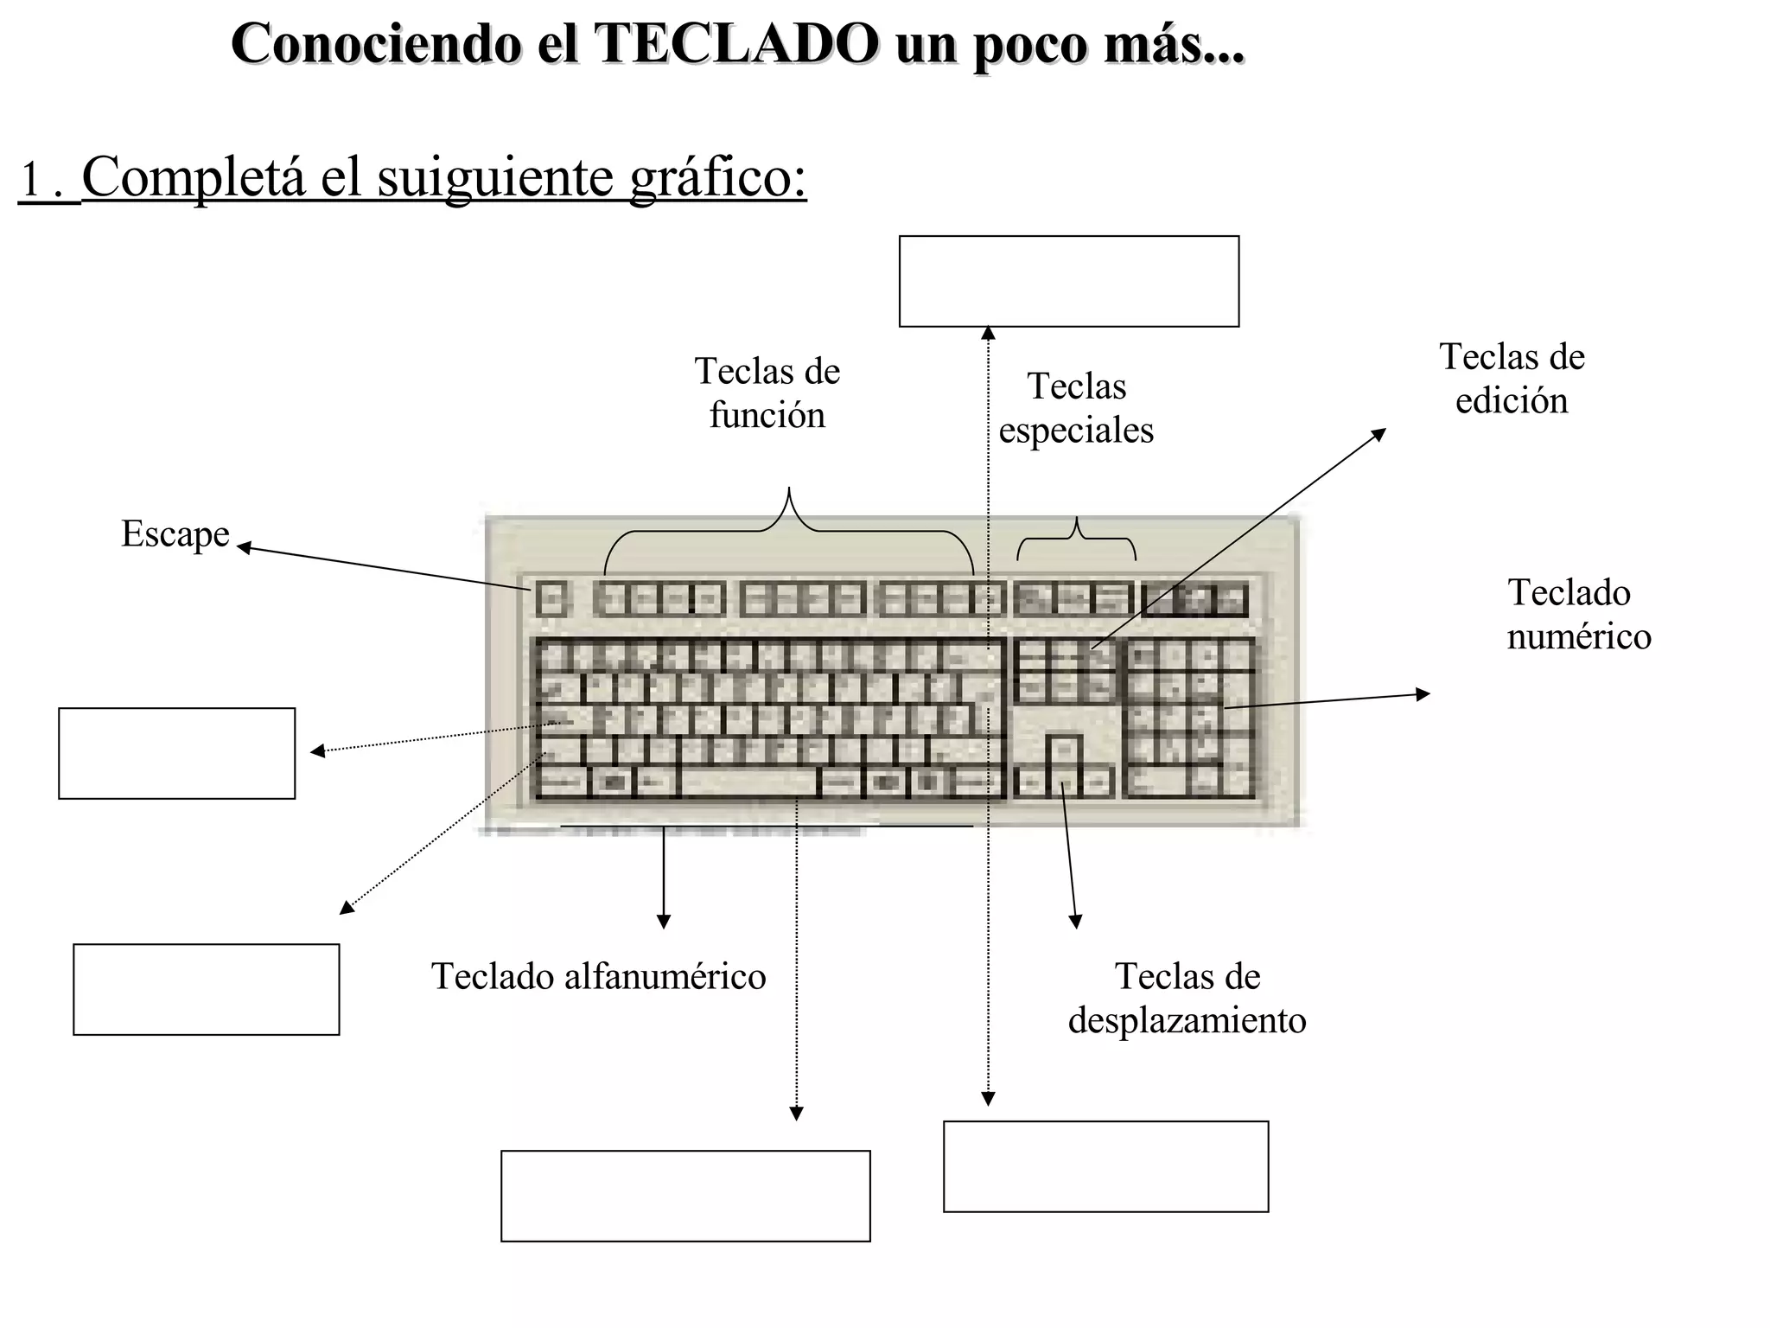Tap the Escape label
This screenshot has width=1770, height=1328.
click(175, 533)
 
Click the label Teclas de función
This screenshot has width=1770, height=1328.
click(767, 393)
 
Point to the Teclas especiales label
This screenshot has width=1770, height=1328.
click(1076, 408)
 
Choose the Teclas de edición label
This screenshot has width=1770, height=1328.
click(1512, 379)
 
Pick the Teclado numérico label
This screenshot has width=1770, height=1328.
click(1578, 615)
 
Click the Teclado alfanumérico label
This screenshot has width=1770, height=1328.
click(598, 977)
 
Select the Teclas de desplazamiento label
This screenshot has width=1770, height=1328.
click(1187, 999)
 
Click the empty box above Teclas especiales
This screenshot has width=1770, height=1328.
click(1068, 282)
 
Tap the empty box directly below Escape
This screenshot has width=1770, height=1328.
click(176, 753)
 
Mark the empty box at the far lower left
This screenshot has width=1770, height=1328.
click(206, 989)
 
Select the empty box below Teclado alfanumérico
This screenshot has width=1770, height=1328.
click(685, 1196)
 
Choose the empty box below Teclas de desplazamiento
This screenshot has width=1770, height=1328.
click(1105, 1166)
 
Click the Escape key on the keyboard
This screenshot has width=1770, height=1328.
click(551, 598)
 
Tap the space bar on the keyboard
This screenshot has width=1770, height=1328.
click(748, 783)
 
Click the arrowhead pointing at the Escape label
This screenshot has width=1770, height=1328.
click(243, 546)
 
